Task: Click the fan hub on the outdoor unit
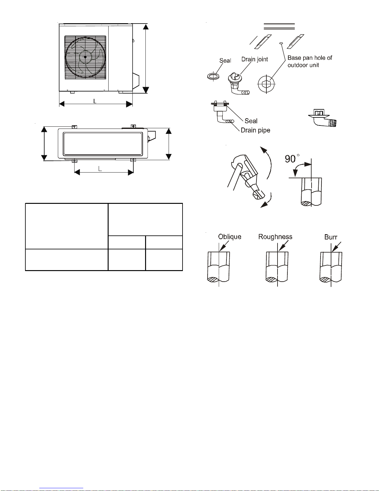[x=85, y=57]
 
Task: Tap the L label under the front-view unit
[x=95, y=101]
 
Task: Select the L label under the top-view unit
[x=100, y=169]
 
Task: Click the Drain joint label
[x=254, y=59]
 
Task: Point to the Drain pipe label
[x=255, y=130]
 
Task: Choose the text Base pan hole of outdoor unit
[x=310, y=61]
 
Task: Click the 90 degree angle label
[x=292, y=159]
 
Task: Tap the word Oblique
[x=230, y=237]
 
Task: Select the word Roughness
[x=275, y=237]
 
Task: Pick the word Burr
[x=331, y=237]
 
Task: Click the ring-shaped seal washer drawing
[x=213, y=77]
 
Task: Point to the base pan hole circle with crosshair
[x=266, y=84]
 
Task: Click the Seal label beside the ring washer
[x=225, y=60]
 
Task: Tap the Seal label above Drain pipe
[x=251, y=121]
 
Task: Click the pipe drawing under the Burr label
[x=331, y=267]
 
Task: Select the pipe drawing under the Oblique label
[x=219, y=267]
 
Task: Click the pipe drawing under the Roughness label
[x=277, y=267]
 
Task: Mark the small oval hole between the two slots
[x=281, y=43]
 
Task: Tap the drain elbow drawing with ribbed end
[x=323, y=118]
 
